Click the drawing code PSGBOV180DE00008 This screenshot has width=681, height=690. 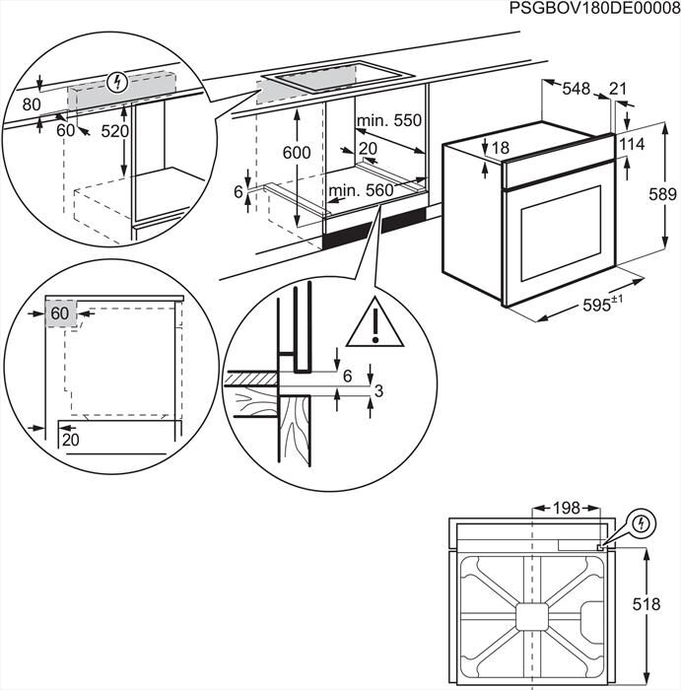(595, 9)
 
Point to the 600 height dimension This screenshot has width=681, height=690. (296, 153)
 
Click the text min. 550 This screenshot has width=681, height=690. (388, 120)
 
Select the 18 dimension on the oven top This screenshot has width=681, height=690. (501, 148)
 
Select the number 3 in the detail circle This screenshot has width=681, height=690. (379, 392)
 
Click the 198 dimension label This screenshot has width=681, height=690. (566, 509)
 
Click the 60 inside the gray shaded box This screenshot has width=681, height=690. (59, 313)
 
